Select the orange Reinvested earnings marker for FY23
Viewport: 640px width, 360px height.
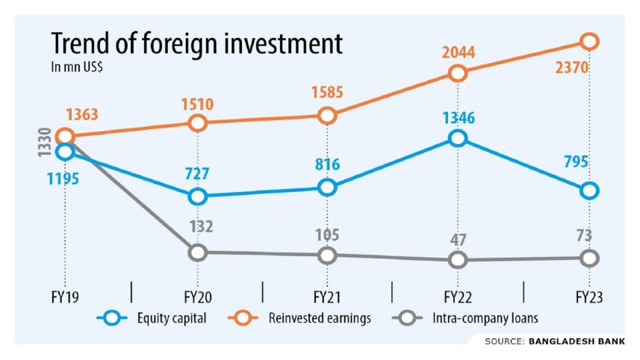(589, 41)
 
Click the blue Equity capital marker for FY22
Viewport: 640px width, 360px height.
(458, 138)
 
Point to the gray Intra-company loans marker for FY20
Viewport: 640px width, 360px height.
(197, 252)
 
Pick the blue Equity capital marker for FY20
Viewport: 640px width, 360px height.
(197, 196)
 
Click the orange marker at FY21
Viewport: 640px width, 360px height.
(326, 115)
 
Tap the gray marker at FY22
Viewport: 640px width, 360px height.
(458, 259)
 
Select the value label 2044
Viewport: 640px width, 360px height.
(458, 52)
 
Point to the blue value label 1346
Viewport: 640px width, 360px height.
(458, 117)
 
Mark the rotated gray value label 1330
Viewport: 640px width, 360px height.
(44, 143)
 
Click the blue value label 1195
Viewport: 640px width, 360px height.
(63, 179)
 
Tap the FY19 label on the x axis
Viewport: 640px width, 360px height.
(65, 297)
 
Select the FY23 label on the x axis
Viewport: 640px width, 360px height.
(589, 297)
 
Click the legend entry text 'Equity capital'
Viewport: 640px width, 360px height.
(172, 318)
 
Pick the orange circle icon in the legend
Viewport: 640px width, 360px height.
(242, 318)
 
